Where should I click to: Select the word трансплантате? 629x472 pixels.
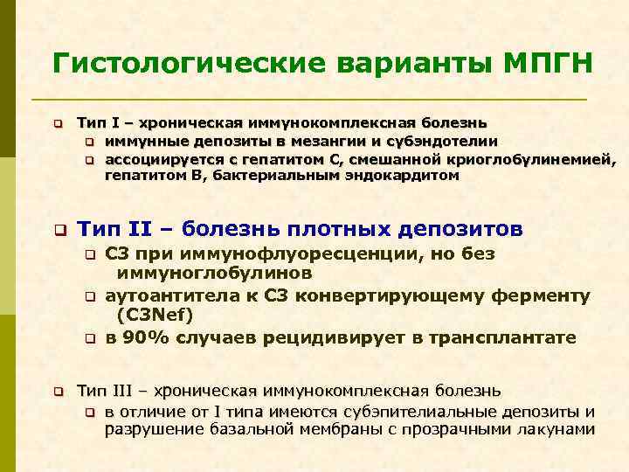(507, 338)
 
